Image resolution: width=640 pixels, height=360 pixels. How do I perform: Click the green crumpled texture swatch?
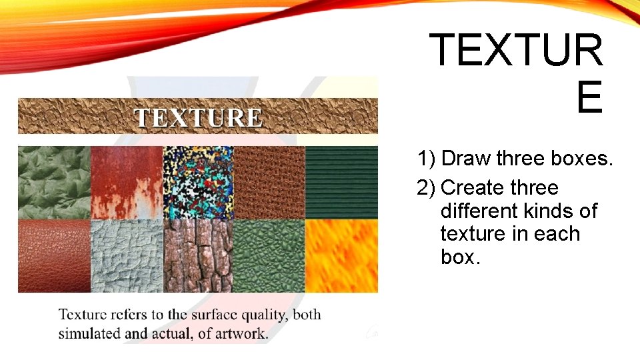point(54,182)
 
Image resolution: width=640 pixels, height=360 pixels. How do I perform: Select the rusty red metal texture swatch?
point(127,182)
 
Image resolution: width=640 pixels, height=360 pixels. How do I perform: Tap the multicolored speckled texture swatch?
point(198,182)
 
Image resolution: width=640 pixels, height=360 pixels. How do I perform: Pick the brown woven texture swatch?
point(269,182)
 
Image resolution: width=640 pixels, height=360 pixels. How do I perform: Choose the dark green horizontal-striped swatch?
point(341,182)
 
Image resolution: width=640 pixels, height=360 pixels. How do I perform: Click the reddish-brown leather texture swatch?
point(54,256)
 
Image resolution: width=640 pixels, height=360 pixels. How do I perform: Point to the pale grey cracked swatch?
point(127,256)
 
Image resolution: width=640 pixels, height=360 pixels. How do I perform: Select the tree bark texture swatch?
point(198,256)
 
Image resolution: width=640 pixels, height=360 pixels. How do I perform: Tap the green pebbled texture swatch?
point(269,256)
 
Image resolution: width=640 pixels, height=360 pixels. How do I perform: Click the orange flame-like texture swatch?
point(341,256)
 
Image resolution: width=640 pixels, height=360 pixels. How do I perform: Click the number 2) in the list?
point(427,188)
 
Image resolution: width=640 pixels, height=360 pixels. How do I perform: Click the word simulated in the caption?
point(89,333)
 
